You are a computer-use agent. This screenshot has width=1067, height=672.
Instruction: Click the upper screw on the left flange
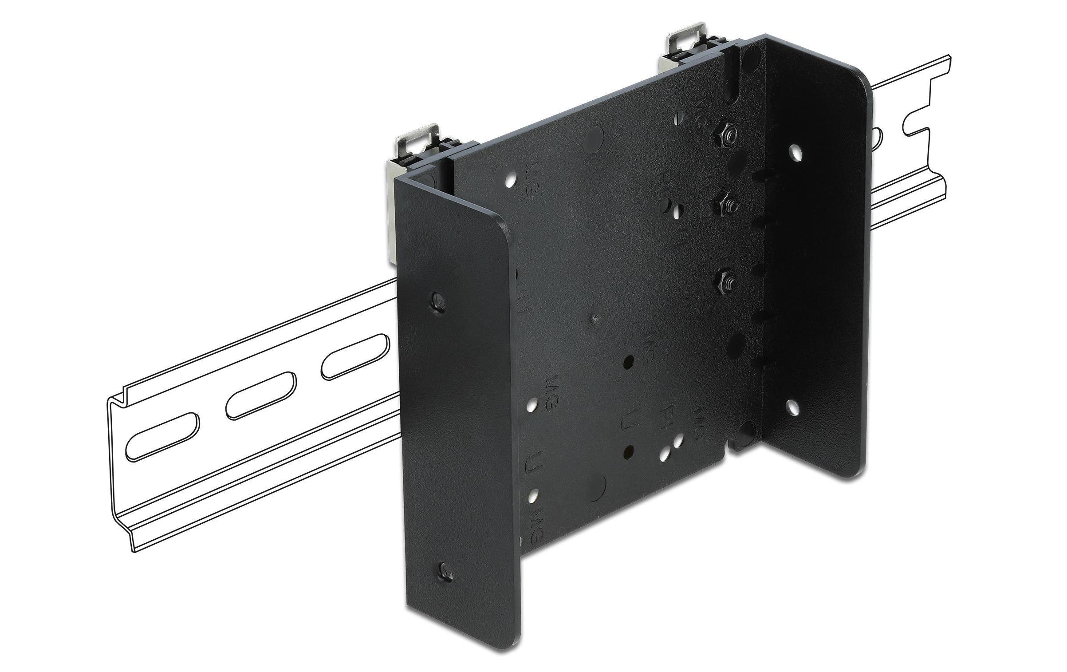pos(439,301)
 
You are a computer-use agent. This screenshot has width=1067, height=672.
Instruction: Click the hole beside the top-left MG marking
pos(511,181)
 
